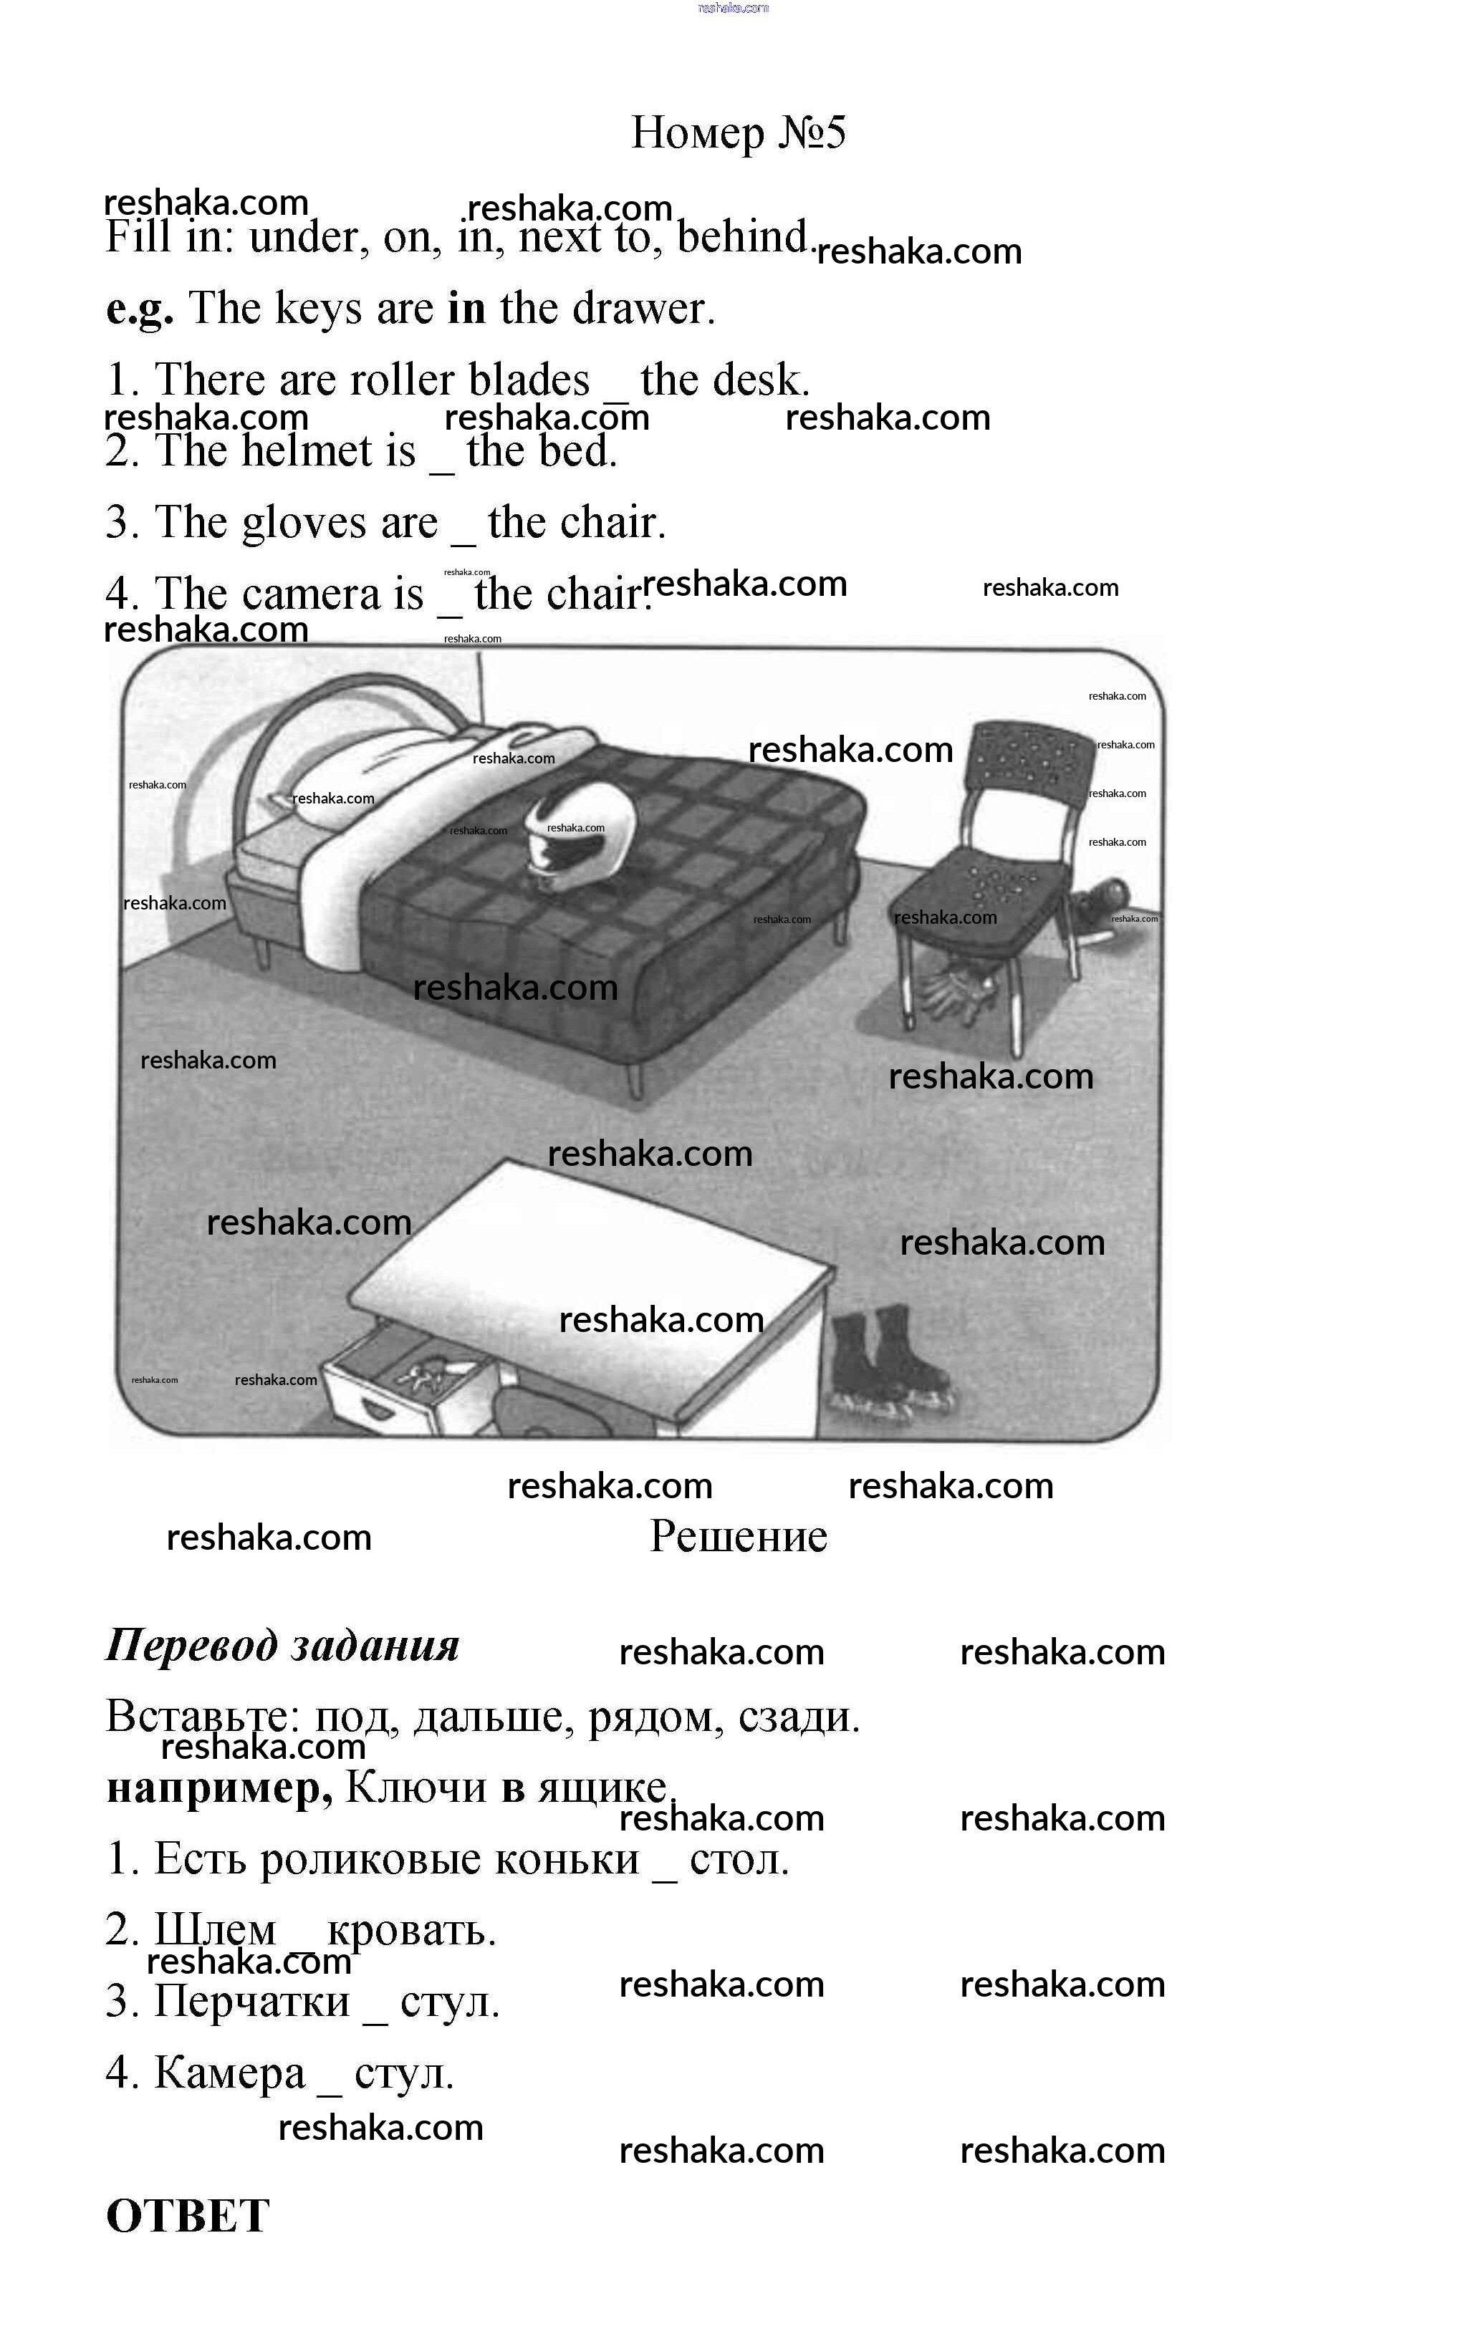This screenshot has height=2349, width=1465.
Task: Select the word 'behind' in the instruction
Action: click(x=741, y=236)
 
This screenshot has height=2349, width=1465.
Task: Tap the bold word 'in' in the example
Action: click(x=466, y=308)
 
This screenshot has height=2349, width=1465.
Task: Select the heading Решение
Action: click(x=739, y=1535)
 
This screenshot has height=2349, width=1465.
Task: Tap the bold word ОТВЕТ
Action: click(x=187, y=2217)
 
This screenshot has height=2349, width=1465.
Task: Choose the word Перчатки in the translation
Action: click(x=252, y=2001)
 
